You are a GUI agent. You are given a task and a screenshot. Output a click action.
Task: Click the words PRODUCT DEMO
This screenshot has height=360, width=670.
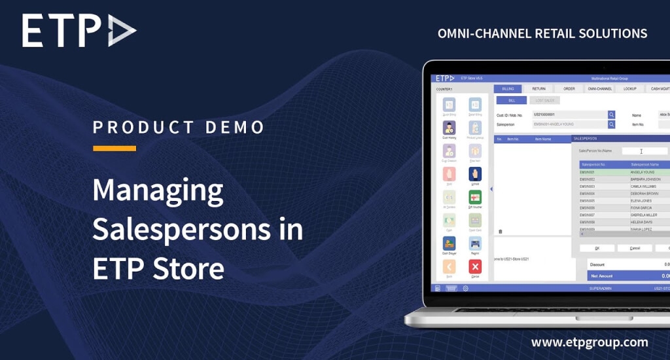[x=179, y=126]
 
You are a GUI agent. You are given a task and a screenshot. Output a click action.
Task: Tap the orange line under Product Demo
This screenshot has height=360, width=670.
[x=115, y=149]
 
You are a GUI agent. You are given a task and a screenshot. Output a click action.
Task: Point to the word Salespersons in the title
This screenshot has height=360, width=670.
[x=198, y=229]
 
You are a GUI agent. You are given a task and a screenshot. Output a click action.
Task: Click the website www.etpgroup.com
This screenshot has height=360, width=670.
[x=590, y=342]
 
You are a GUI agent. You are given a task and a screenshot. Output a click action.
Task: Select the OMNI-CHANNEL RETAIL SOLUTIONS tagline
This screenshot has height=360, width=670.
[x=542, y=33]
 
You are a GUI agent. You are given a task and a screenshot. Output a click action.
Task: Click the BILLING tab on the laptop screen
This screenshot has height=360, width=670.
[x=508, y=88]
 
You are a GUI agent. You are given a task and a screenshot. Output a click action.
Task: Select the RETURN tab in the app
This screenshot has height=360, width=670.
[x=538, y=88]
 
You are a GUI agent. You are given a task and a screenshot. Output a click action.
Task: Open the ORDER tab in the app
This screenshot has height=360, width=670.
[x=569, y=88]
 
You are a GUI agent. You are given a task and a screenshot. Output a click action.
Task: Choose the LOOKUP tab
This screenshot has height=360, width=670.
[x=629, y=88]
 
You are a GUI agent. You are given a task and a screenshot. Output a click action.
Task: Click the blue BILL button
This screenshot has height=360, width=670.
[x=512, y=100]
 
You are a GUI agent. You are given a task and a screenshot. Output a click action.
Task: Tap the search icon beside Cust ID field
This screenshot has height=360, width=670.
[x=612, y=115]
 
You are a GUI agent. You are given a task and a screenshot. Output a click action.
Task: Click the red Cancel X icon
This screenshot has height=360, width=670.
[x=475, y=266]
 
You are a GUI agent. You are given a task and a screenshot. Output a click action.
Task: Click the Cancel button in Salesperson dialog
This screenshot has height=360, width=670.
[x=635, y=248]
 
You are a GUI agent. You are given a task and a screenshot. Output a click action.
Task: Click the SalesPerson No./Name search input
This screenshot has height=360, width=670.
[x=644, y=151]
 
